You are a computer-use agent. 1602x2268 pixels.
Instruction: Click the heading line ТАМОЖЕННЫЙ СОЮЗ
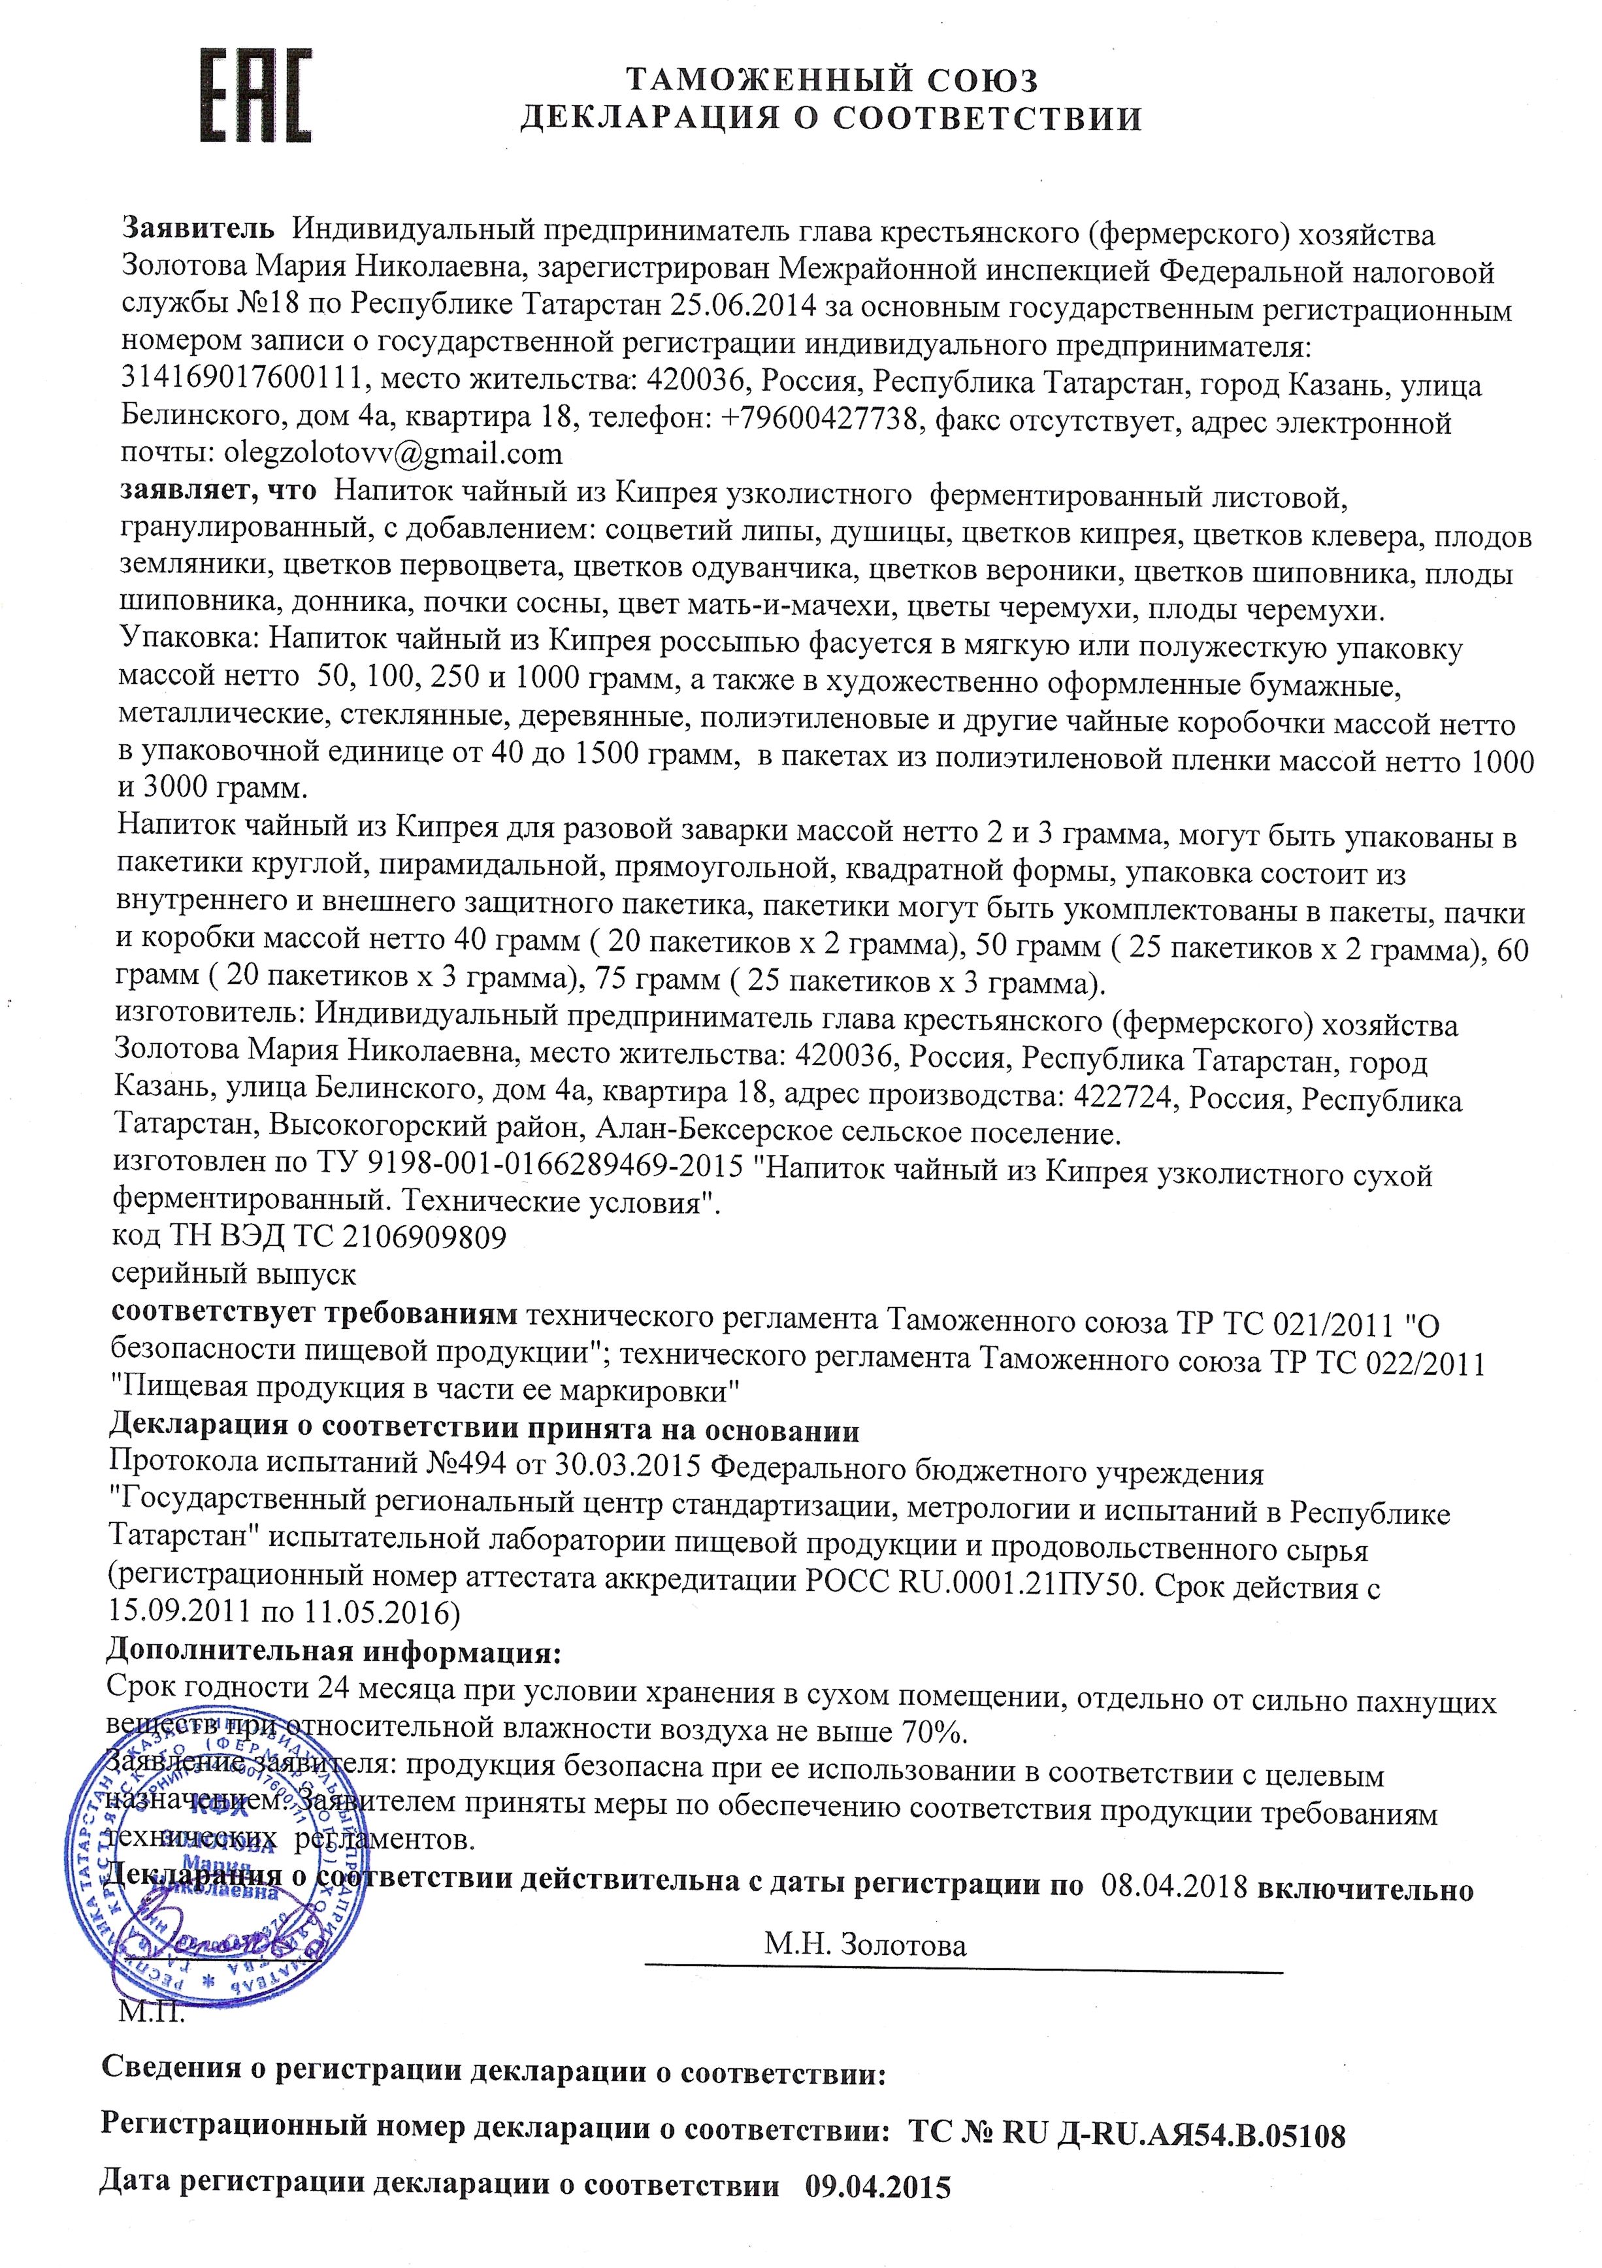point(832,79)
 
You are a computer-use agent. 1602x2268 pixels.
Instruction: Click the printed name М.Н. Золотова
point(864,1945)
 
